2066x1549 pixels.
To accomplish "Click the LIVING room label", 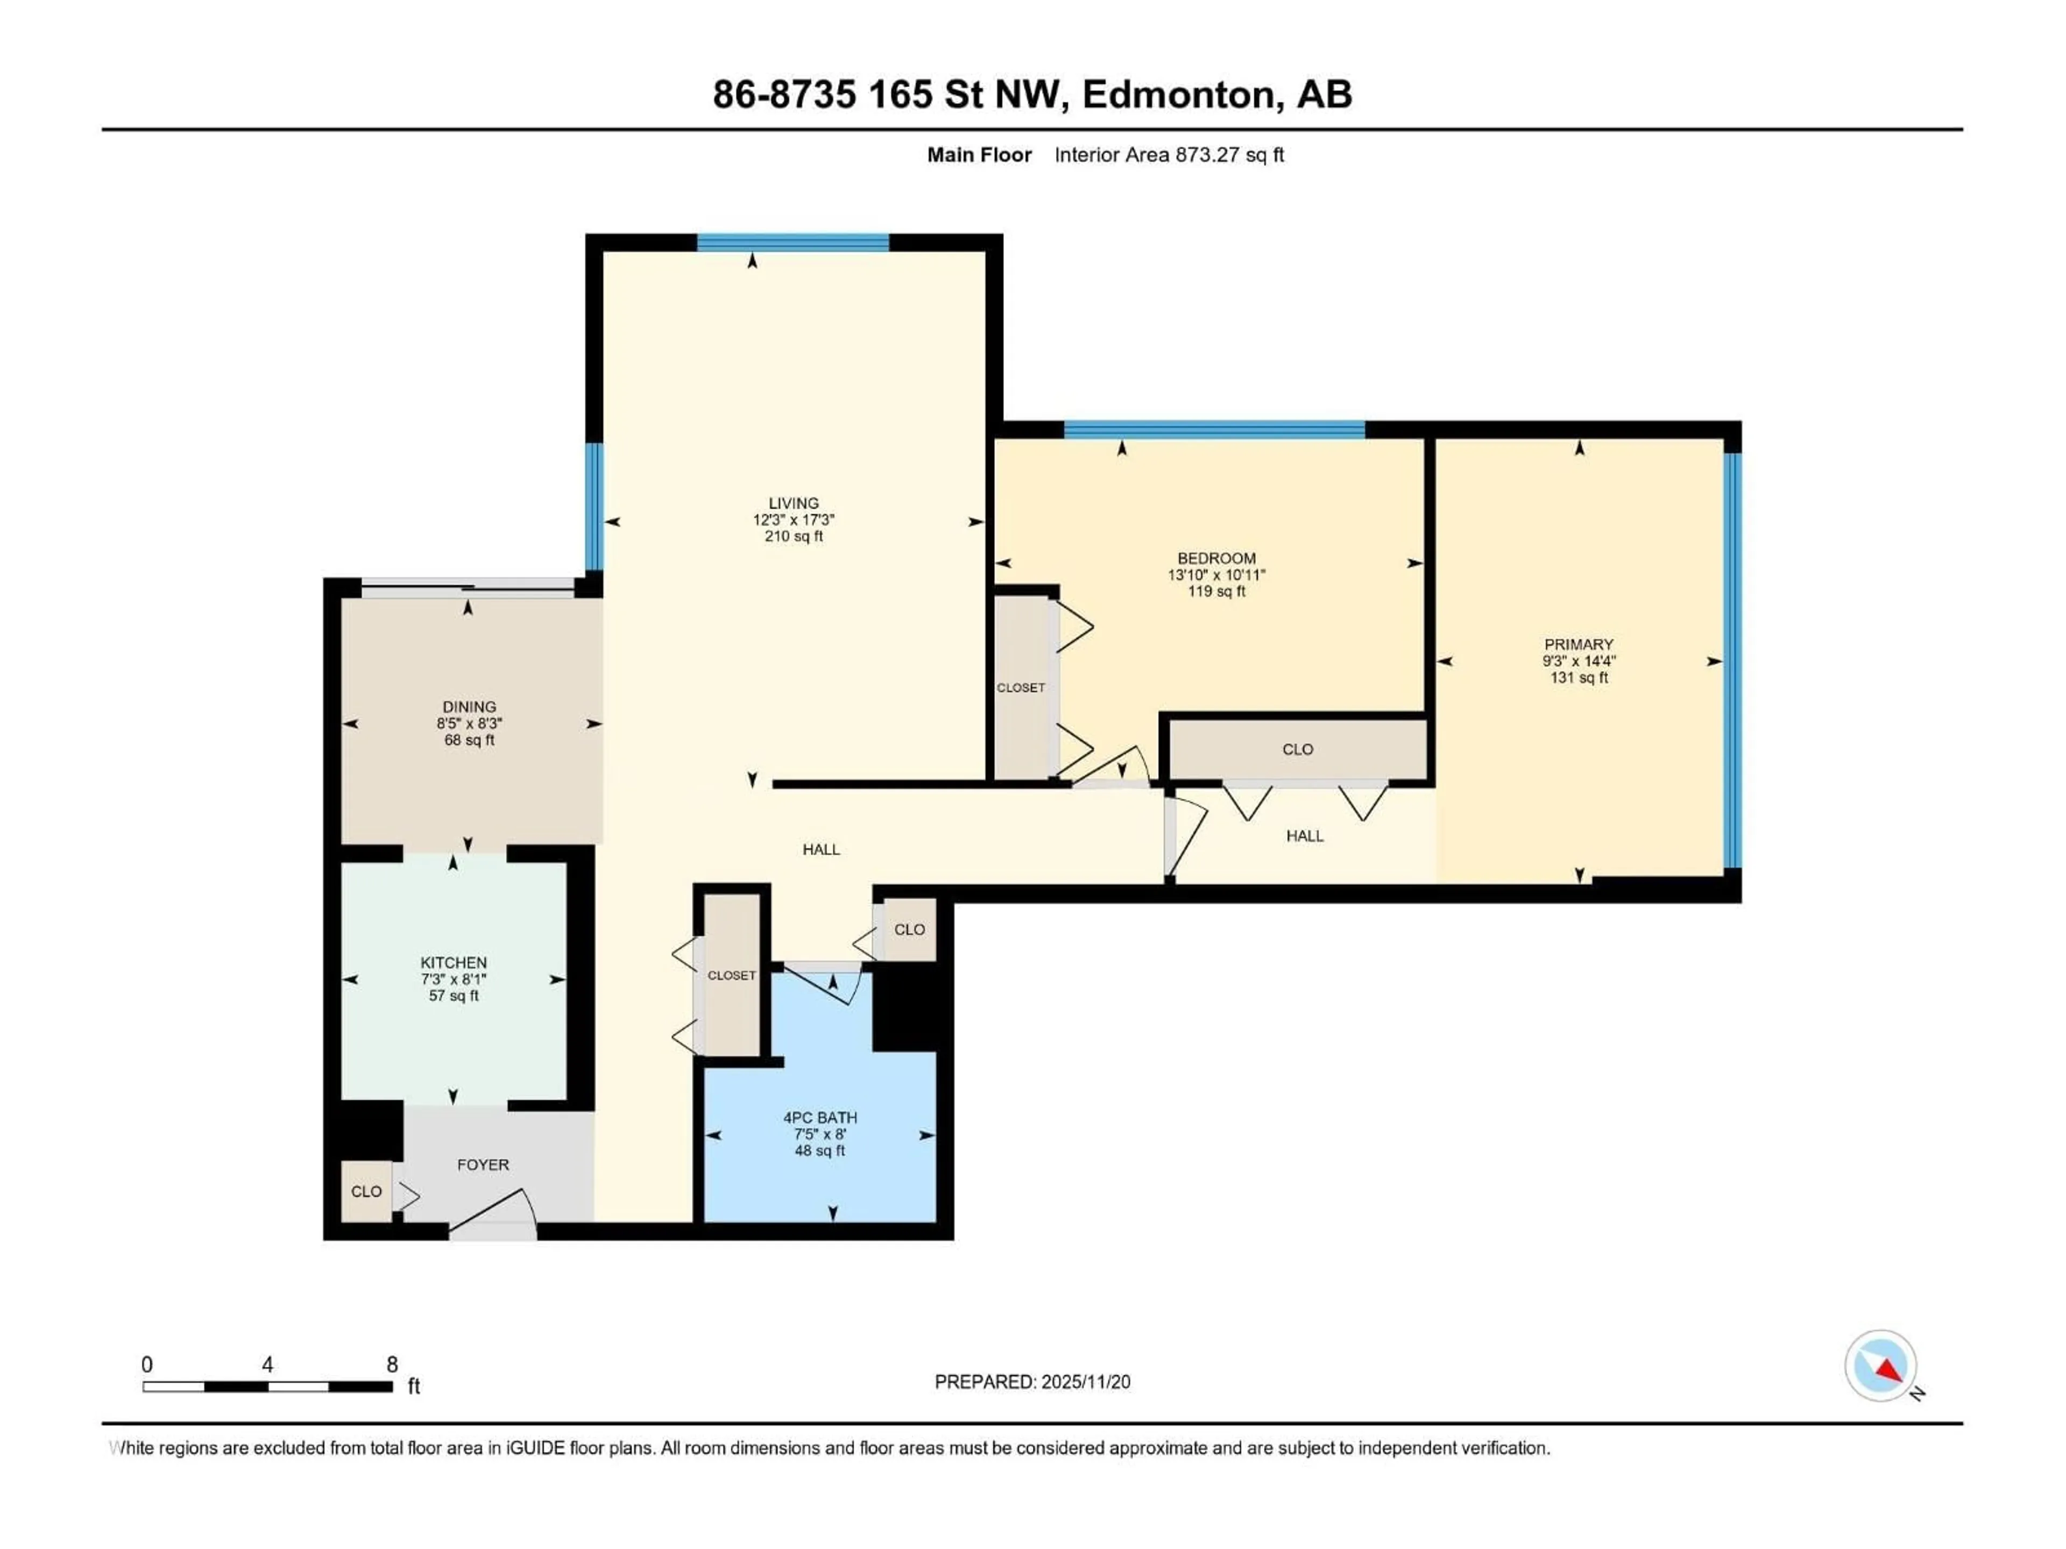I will [793, 503].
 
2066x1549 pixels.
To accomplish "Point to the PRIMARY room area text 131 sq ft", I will [1579, 678].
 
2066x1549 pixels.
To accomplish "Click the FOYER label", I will [483, 1166].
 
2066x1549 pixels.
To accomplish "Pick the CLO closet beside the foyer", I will [366, 1191].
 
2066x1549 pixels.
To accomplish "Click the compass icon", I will [1880, 1366].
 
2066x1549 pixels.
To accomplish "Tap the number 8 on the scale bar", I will [392, 1364].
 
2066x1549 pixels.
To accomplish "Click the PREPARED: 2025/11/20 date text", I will [1032, 1382].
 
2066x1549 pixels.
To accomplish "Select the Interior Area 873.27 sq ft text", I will [1169, 155].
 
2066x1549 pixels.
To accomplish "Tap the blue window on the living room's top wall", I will [793, 243].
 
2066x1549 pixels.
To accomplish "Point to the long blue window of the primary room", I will [1732, 660].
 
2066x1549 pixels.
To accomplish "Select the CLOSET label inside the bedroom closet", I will [1020, 688].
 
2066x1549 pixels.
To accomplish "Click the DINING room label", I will [469, 707].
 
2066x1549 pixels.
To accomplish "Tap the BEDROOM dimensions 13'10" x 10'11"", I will [1216, 575].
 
